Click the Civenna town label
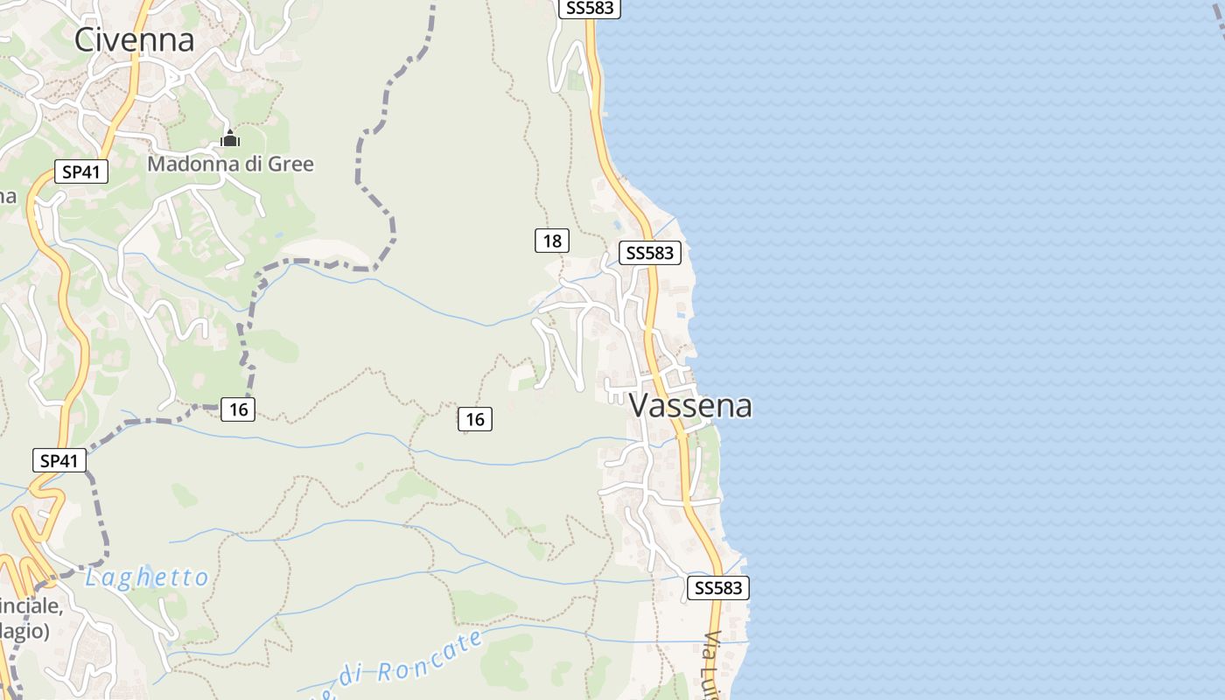134,39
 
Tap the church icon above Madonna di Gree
230,138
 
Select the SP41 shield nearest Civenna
80,171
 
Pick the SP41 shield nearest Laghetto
59,460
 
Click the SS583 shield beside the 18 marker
649,253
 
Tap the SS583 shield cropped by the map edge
590,8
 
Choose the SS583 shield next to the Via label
718,588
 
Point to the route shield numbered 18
552,241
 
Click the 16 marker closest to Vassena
475,420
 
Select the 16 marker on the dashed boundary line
238,409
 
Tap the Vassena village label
690,405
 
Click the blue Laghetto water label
147,577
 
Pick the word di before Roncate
351,675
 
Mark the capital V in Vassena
640,405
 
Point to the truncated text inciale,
31,605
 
